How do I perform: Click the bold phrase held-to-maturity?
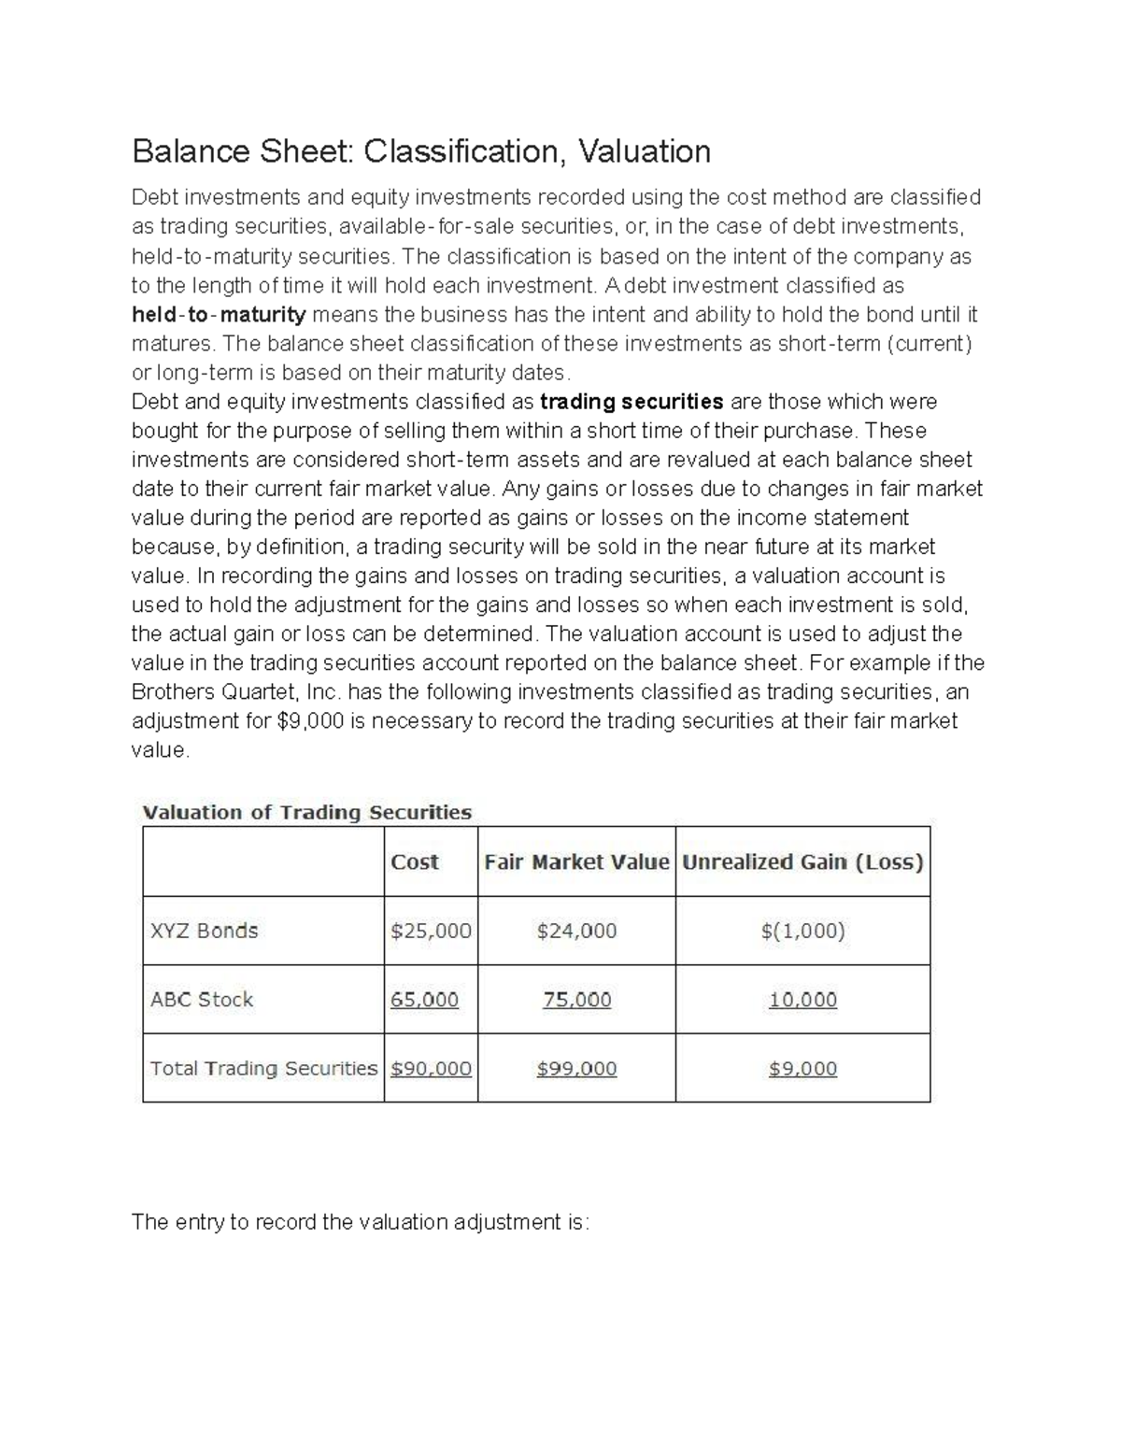pos(219,315)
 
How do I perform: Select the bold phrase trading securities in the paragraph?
pos(632,402)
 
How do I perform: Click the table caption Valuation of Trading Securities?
pos(306,812)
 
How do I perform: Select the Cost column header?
pos(414,861)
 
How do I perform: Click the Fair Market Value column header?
pos(576,861)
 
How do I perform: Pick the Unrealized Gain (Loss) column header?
pos(802,861)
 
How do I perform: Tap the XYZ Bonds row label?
pos(205,931)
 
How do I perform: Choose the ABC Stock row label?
pos(202,1000)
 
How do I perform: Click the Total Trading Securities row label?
pos(263,1068)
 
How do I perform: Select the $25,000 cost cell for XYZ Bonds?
pos(431,931)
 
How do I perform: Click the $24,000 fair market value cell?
pos(576,931)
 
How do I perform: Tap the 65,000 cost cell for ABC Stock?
pos(424,1000)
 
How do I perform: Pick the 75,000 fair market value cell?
pos(576,1000)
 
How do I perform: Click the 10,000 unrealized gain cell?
pos(802,1000)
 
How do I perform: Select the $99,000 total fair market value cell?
pos(576,1068)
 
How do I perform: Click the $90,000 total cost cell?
pos(431,1068)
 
